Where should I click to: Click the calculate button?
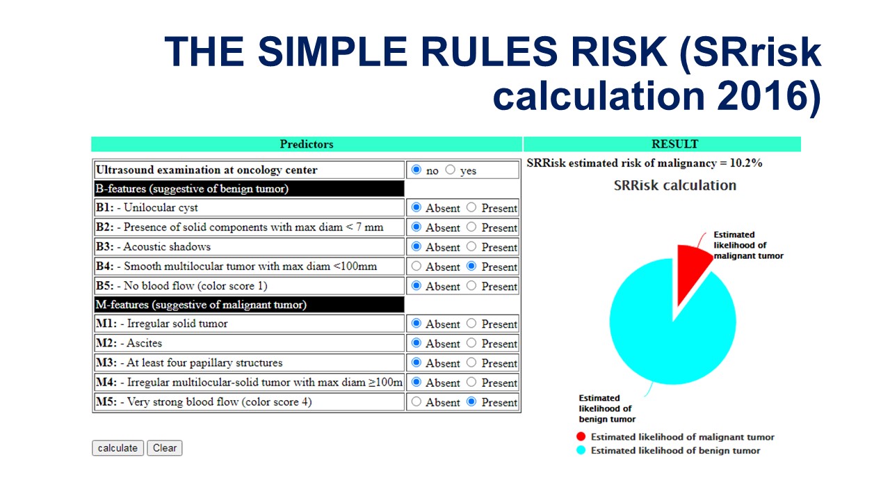pyautogui.click(x=118, y=448)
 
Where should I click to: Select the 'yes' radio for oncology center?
pyautogui.click(x=450, y=170)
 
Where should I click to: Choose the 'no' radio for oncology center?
pyautogui.click(x=416, y=170)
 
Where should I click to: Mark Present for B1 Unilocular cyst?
pyautogui.click(x=471, y=207)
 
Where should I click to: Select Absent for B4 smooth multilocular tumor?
pyautogui.click(x=416, y=266)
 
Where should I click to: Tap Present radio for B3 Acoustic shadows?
pyautogui.click(x=471, y=246)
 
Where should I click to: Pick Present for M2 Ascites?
pyautogui.click(x=471, y=343)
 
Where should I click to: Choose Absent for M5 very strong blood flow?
pyautogui.click(x=416, y=401)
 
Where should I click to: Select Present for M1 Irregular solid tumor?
pyautogui.click(x=471, y=324)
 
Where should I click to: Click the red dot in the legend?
pyautogui.click(x=581, y=436)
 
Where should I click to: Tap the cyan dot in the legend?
pyautogui.click(x=581, y=450)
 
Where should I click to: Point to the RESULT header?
pyautogui.click(x=674, y=144)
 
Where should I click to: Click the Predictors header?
pyautogui.click(x=307, y=144)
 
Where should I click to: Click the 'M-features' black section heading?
pyautogui.click(x=250, y=305)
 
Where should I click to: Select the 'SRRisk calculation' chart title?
pyautogui.click(x=675, y=185)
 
